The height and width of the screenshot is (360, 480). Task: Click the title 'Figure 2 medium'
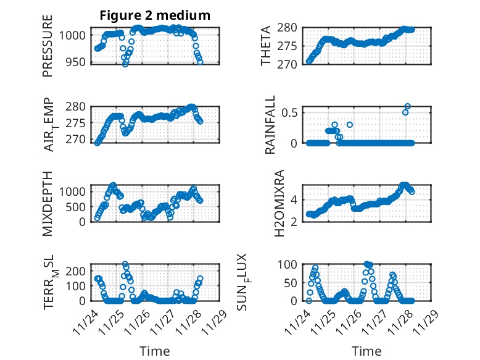[x=155, y=15]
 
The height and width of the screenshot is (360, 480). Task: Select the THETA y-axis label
[x=266, y=46]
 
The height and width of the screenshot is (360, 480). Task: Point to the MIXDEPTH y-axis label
[x=48, y=203]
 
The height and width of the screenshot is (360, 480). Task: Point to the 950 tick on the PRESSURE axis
[x=77, y=62]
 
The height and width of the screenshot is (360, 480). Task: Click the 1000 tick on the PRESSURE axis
[x=74, y=35]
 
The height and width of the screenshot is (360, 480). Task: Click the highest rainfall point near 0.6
[x=408, y=106]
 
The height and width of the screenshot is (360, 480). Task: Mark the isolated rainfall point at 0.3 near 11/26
[x=350, y=125]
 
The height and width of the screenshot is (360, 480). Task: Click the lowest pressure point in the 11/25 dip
[x=125, y=64]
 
